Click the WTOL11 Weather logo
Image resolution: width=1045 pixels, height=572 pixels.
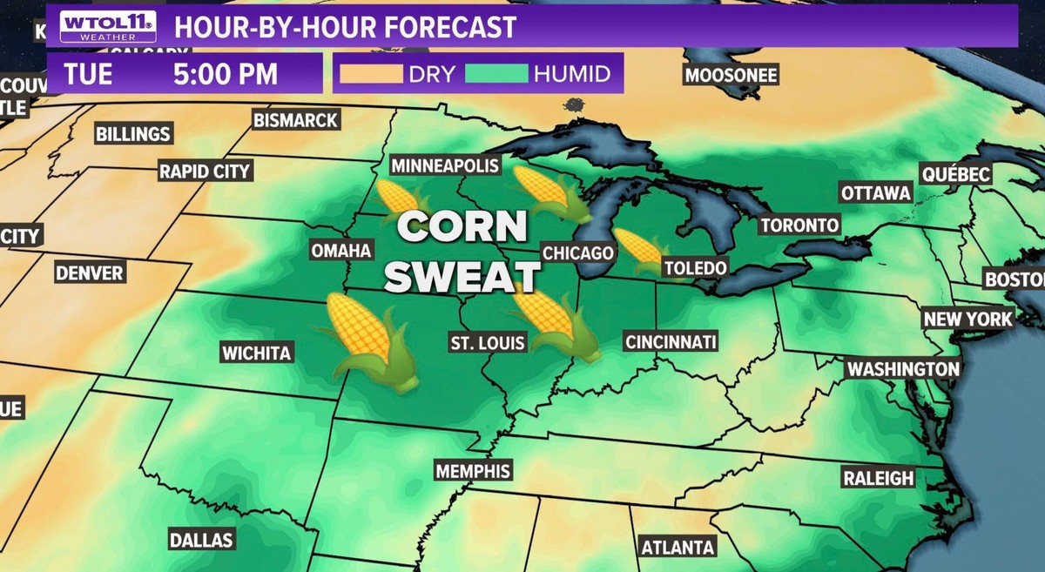pos(108,26)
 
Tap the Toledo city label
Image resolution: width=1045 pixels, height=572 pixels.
pos(695,268)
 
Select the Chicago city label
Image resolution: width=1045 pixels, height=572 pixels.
pos(578,252)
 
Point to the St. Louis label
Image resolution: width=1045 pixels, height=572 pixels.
pos(488,342)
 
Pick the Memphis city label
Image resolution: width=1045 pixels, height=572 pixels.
pos(472,471)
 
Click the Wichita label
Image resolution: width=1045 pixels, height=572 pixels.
pos(256,353)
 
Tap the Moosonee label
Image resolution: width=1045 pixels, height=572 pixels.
pos(731,75)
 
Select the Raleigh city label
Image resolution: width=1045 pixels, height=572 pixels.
pos(878,478)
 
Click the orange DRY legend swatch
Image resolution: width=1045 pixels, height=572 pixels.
pos(372,74)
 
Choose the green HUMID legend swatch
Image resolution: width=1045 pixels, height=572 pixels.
pos(496,74)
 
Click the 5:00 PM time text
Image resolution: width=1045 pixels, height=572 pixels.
pos(225,74)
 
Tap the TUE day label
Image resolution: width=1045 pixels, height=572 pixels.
pos(87,74)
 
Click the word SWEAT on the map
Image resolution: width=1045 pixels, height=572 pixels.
pos(462,276)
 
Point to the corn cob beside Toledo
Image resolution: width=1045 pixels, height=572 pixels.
pos(639,248)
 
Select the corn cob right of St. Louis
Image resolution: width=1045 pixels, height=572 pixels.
pos(553,322)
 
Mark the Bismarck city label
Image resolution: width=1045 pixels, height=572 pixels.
pos(296,120)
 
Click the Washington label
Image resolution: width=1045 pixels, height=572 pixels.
pos(903,369)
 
